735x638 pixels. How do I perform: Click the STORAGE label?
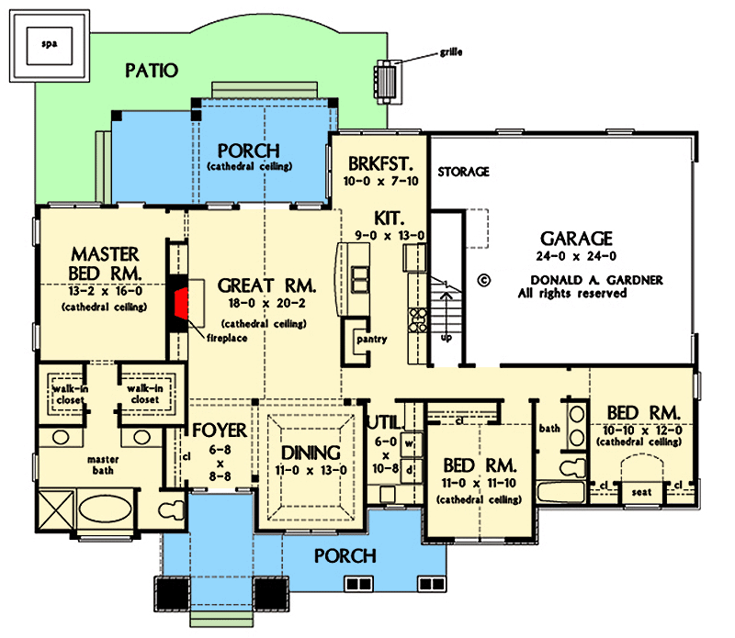463,172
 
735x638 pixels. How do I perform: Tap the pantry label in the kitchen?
373,340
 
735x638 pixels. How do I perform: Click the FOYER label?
220,431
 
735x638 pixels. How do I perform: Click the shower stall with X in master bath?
54,508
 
